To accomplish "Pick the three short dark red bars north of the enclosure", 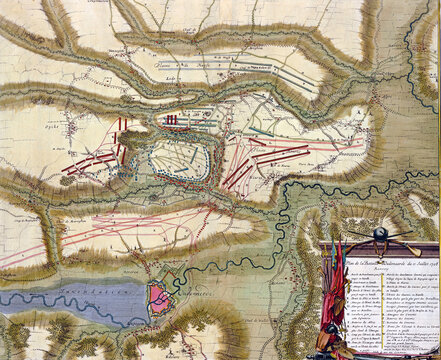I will point(173,120).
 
